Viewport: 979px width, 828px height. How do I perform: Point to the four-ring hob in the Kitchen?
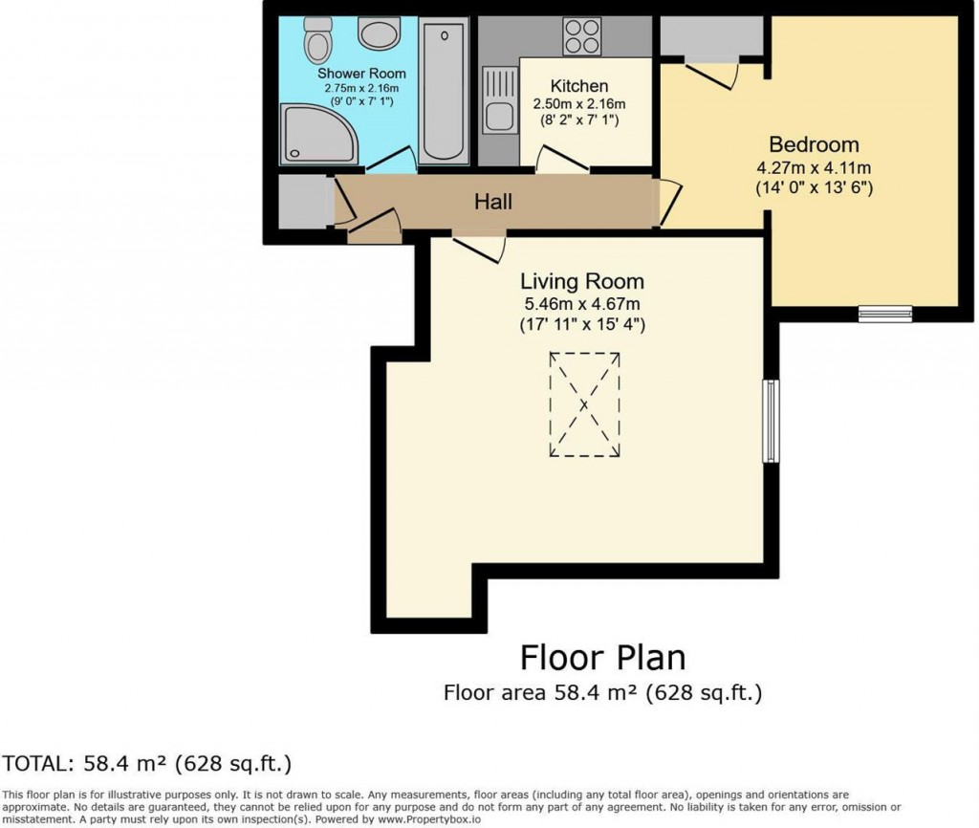pyautogui.click(x=582, y=37)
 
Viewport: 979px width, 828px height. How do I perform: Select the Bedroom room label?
pyautogui.click(x=814, y=144)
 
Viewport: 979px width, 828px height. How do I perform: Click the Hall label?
pyautogui.click(x=493, y=202)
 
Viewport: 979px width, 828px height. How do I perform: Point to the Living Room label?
pyautogui.click(x=581, y=281)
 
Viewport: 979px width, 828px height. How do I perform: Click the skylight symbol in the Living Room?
pyautogui.click(x=584, y=404)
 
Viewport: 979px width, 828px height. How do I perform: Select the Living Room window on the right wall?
pyautogui.click(x=770, y=422)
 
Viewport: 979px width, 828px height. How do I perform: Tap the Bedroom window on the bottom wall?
pyautogui.click(x=883, y=312)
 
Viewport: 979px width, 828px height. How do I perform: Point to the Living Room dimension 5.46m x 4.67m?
pyautogui.click(x=581, y=305)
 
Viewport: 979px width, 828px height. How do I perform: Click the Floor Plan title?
pyautogui.click(x=602, y=658)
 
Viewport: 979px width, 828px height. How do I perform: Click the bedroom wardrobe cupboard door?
pyautogui.click(x=713, y=75)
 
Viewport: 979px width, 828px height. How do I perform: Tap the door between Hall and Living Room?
pyautogui.click(x=478, y=248)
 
